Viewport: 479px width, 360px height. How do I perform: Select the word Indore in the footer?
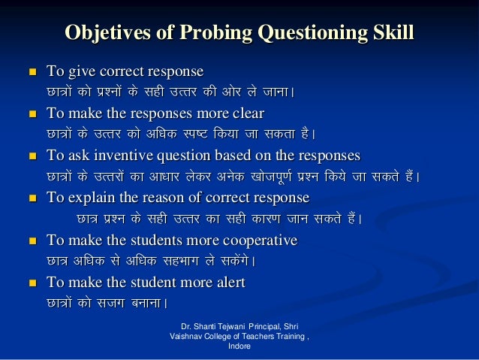239,347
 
